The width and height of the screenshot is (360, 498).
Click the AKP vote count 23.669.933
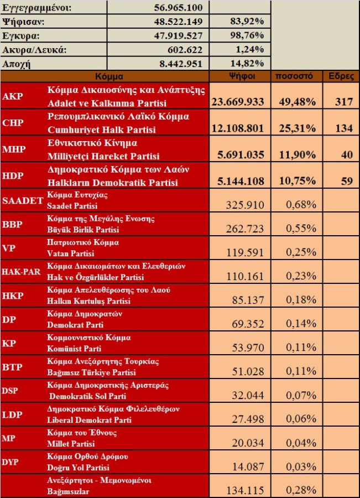point(238,102)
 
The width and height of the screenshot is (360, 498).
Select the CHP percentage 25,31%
point(295,128)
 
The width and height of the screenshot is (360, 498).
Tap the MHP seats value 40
point(346,155)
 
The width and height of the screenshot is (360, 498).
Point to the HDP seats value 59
point(346,181)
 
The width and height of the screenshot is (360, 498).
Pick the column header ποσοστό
point(295,76)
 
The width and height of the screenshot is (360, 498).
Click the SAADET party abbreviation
point(23,200)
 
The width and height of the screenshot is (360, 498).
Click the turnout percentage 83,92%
point(246,22)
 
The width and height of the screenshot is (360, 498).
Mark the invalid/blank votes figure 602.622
point(182,50)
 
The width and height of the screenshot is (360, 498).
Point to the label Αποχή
point(17,63)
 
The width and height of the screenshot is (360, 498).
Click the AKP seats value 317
point(343,102)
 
